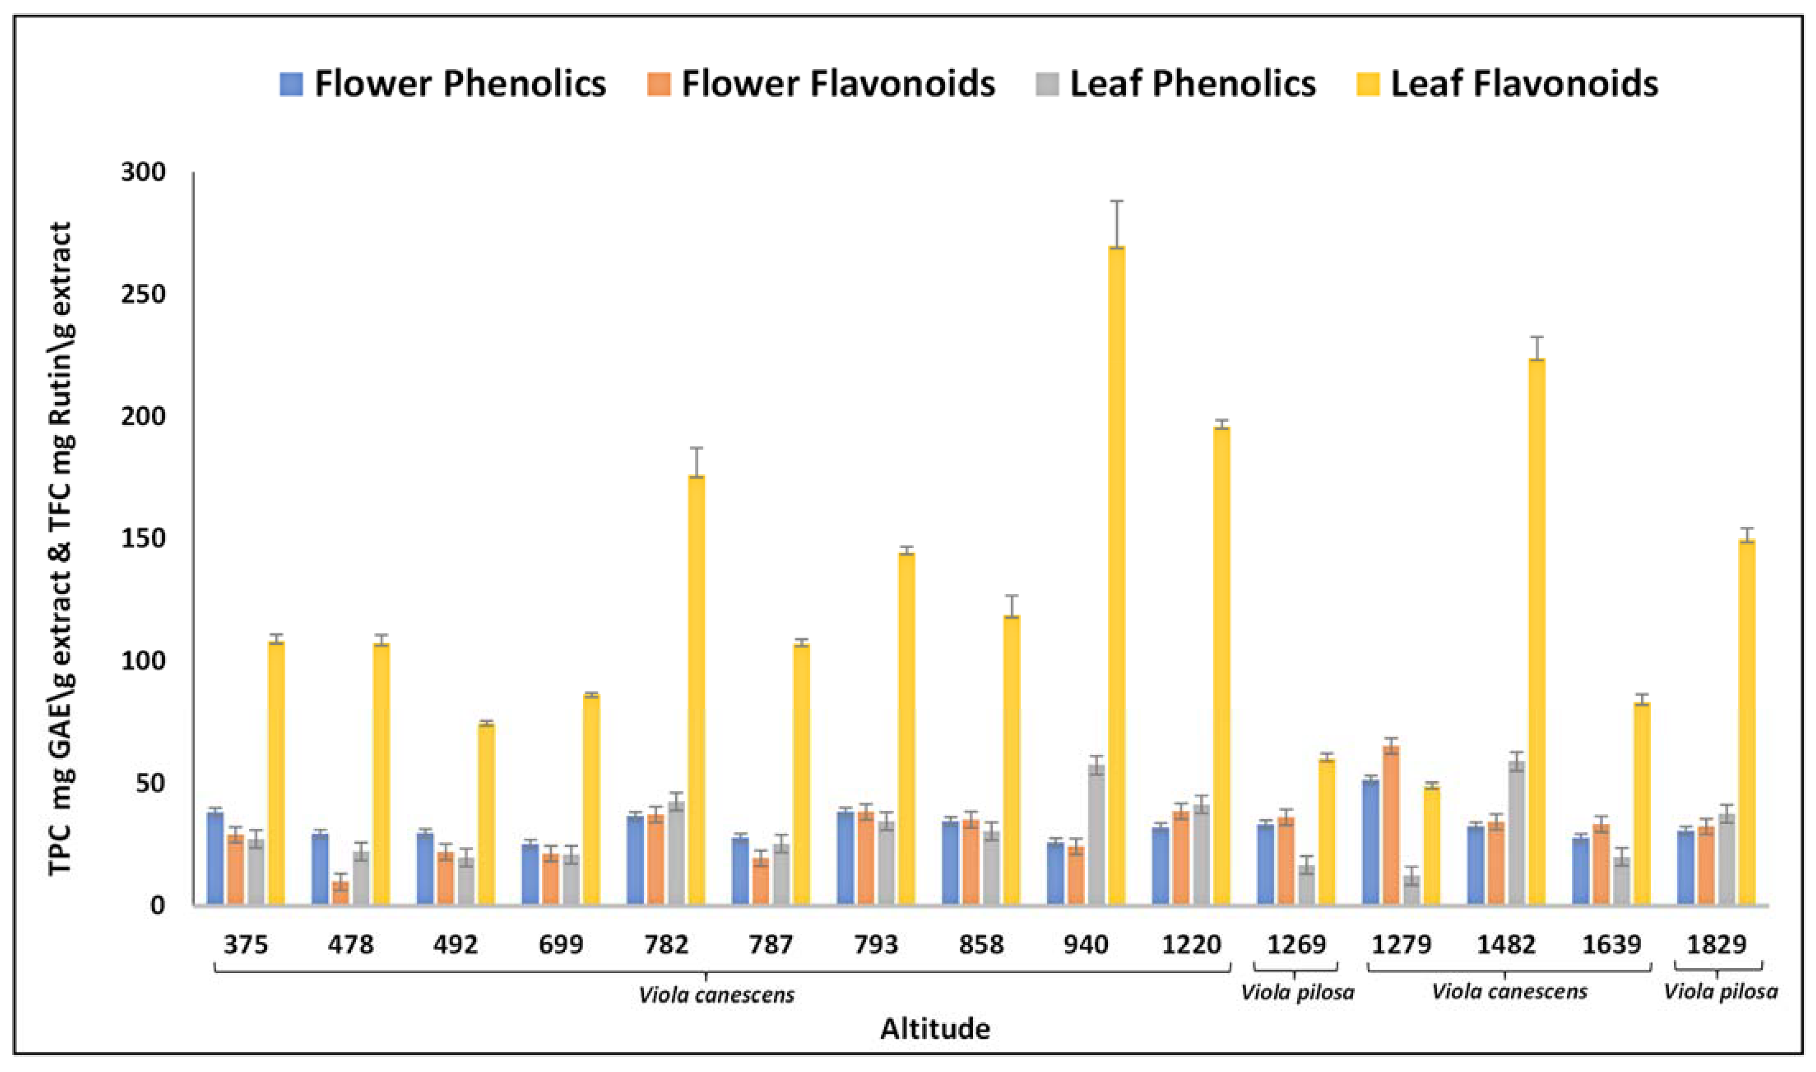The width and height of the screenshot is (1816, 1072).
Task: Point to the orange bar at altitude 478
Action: pos(340,892)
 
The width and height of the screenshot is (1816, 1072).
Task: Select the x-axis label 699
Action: pos(561,944)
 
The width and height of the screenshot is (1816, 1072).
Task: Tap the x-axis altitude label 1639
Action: pos(1612,944)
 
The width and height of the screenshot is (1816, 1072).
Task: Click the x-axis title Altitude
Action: pos(935,1028)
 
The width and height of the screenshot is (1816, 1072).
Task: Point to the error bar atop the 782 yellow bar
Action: pos(696,462)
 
